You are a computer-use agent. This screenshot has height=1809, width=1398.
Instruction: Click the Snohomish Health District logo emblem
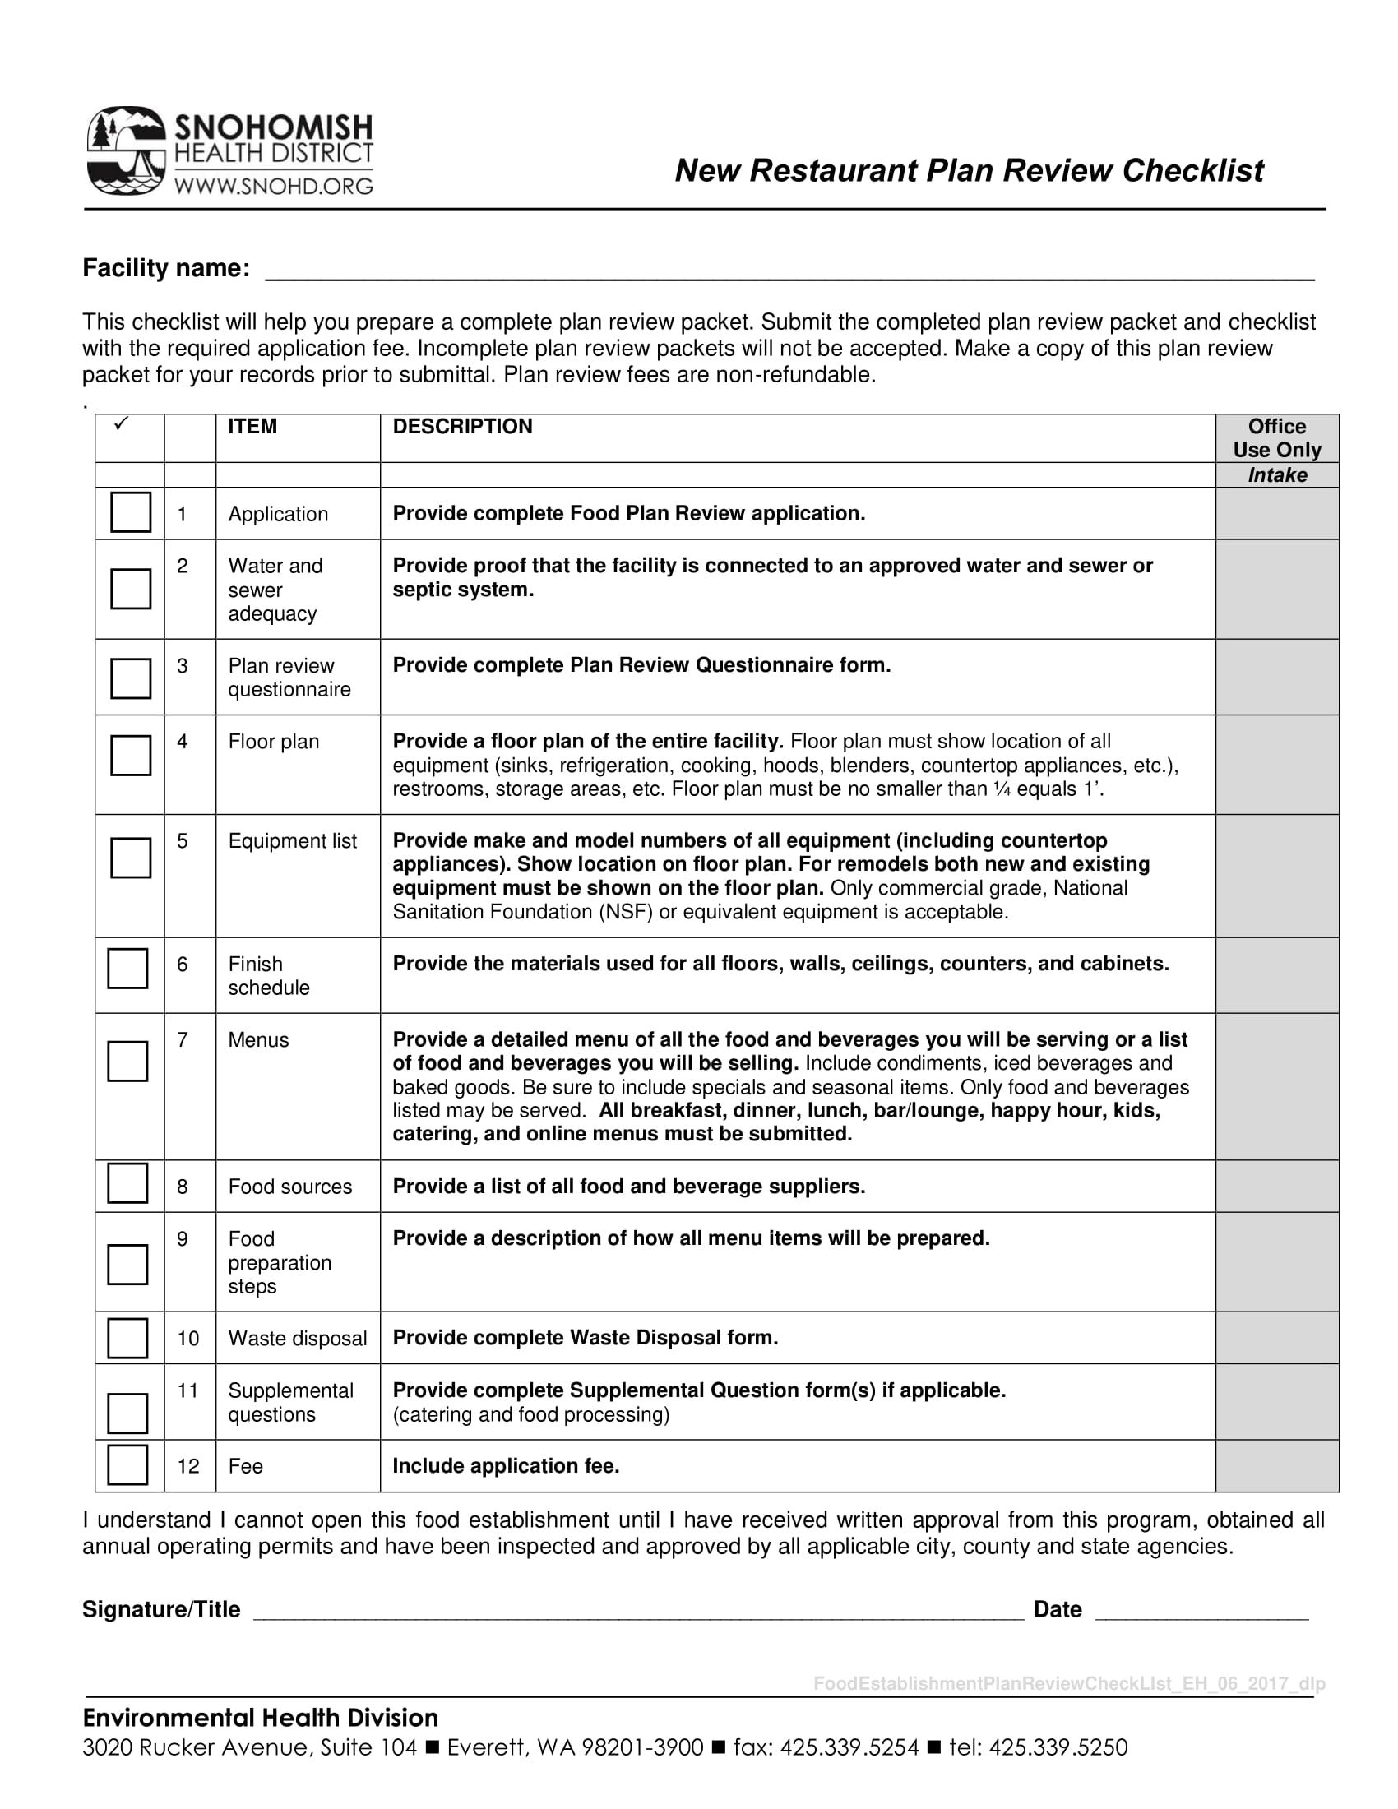pyautogui.click(x=126, y=150)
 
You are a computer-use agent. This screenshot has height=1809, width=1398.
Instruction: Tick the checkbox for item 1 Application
pyautogui.click(x=131, y=512)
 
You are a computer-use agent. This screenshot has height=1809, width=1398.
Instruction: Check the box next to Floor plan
pyautogui.click(x=131, y=755)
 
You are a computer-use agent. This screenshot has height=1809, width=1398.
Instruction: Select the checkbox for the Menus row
pyautogui.click(x=127, y=1061)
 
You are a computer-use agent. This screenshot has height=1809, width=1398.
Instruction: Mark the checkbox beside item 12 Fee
pyautogui.click(x=127, y=1464)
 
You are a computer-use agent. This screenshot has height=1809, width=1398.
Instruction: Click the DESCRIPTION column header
pyautogui.click(x=462, y=427)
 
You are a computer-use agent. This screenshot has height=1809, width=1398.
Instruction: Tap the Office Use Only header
pyautogui.click(x=1276, y=438)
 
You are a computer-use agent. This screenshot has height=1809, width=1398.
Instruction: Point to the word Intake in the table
pyautogui.click(x=1277, y=475)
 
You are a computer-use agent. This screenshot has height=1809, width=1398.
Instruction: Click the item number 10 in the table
pyautogui.click(x=188, y=1339)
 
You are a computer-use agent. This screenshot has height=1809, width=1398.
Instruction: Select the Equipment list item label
pyautogui.click(x=293, y=840)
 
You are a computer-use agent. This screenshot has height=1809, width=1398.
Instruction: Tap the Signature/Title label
pyautogui.click(x=161, y=1609)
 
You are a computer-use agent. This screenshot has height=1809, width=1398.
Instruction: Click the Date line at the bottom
pyautogui.click(x=1201, y=1611)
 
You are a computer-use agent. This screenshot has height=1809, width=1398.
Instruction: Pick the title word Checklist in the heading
pyautogui.click(x=1192, y=171)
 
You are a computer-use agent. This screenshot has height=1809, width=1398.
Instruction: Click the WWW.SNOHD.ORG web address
pyautogui.click(x=273, y=187)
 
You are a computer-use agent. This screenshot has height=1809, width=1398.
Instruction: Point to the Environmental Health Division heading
pyautogui.click(x=260, y=1718)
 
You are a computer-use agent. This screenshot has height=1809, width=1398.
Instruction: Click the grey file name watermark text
pyautogui.click(x=1068, y=1683)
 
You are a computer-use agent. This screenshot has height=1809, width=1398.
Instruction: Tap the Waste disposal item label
pyautogui.click(x=298, y=1339)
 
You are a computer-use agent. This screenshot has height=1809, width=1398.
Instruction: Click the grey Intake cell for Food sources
pyautogui.click(x=1276, y=1186)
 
